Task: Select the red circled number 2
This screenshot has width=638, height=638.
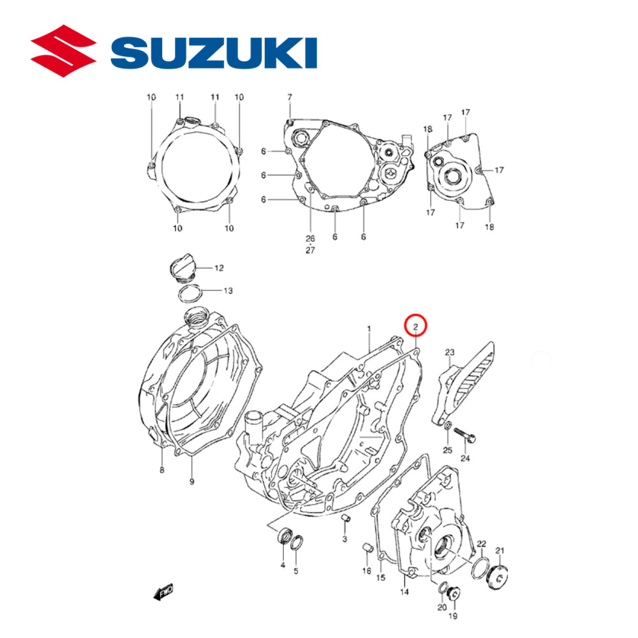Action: click(415, 327)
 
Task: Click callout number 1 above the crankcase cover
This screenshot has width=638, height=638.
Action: click(369, 329)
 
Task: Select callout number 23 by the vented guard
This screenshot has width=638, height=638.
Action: click(449, 353)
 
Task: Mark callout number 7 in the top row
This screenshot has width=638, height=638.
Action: click(289, 97)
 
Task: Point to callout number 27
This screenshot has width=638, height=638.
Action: click(311, 250)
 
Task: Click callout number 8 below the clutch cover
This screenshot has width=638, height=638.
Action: click(162, 470)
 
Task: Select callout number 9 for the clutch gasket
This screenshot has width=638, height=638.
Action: click(191, 482)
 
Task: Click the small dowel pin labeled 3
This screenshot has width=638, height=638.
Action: click(345, 517)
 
